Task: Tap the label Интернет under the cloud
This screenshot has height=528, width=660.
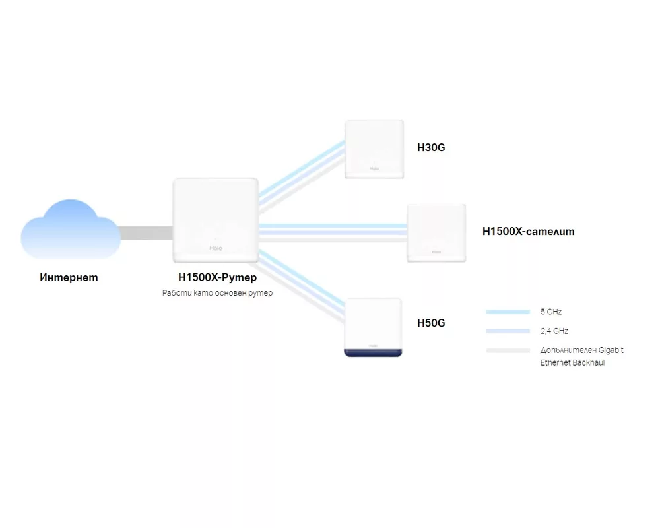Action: [x=69, y=277]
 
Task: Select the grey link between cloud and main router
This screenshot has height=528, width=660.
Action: [x=147, y=233]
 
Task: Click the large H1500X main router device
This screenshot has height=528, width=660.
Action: [x=216, y=220]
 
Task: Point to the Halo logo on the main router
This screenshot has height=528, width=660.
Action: [x=216, y=248]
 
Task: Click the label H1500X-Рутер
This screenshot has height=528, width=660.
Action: [x=218, y=277]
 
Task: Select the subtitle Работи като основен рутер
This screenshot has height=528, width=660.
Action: [x=218, y=292]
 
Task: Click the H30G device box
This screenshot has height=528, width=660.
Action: [x=374, y=149]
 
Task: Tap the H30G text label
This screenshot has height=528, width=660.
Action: [x=431, y=147]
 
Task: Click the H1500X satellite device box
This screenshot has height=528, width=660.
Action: [x=436, y=233]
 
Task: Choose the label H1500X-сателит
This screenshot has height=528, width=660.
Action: [x=528, y=231]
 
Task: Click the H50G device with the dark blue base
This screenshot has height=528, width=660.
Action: [x=374, y=327]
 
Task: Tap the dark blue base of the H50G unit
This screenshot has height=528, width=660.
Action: [x=374, y=353]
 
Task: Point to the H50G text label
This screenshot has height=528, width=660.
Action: [x=431, y=323]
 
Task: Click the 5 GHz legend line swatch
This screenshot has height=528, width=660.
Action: [x=508, y=312]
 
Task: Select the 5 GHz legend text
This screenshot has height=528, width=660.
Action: [x=551, y=312]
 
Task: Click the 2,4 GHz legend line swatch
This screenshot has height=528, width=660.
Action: [x=508, y=331]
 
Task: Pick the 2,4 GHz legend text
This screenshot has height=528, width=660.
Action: [x=554, y=331]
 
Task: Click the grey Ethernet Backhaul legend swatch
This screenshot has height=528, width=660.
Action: [x=508, y=350]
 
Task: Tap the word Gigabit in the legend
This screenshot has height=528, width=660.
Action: [x=610, y=350]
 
